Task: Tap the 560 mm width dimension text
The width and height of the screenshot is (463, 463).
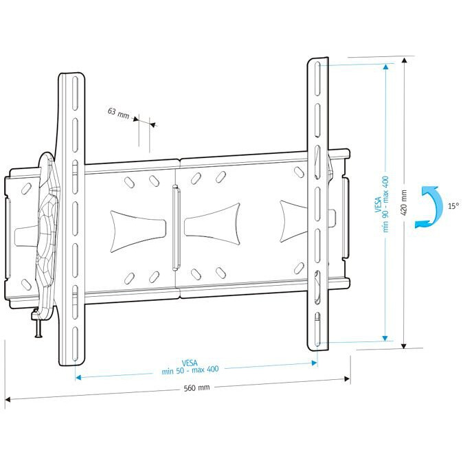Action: (196, 387)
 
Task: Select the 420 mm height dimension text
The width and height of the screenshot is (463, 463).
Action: (405, 202)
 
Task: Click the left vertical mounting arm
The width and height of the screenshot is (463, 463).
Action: (71, 220)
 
